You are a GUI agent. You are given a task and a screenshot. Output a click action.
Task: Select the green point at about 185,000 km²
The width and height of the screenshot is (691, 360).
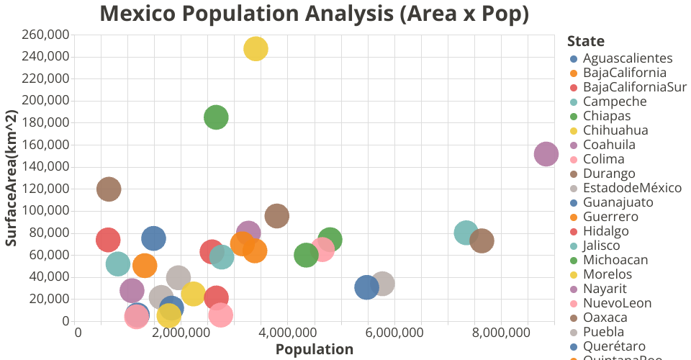[216, 117]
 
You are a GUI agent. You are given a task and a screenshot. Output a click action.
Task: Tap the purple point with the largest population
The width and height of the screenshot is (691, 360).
[546, 153]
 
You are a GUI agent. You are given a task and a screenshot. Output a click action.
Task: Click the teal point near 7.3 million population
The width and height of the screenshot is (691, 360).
[466, 232]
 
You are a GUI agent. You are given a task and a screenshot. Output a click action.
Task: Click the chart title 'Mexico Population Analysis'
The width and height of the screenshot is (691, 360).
[315, 13]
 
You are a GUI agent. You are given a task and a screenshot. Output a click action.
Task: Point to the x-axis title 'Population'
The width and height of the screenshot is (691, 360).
[315, 350]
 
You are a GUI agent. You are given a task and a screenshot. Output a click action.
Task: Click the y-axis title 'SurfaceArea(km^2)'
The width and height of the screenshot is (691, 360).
[12, 179]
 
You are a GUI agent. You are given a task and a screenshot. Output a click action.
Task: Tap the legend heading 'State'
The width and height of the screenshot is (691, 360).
[585, 41]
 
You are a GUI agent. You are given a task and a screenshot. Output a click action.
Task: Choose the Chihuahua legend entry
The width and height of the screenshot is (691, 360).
[615, 130]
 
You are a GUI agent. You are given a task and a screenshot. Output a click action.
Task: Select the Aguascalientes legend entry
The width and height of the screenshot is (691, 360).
[628, 58]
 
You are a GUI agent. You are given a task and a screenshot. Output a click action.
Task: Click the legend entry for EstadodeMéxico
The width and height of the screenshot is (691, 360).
[632, 188]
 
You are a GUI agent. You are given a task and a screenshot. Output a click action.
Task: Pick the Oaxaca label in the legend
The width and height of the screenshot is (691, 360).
[605, 318]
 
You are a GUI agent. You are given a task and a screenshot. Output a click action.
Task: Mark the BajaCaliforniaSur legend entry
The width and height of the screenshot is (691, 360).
[635, 87]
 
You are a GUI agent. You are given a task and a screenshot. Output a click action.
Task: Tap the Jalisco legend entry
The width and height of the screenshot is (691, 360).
[604, 246]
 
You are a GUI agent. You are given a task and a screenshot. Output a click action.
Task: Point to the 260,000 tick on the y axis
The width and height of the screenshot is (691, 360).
[47, 35]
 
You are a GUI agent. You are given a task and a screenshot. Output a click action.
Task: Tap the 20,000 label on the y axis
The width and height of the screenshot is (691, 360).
[50, 299]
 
